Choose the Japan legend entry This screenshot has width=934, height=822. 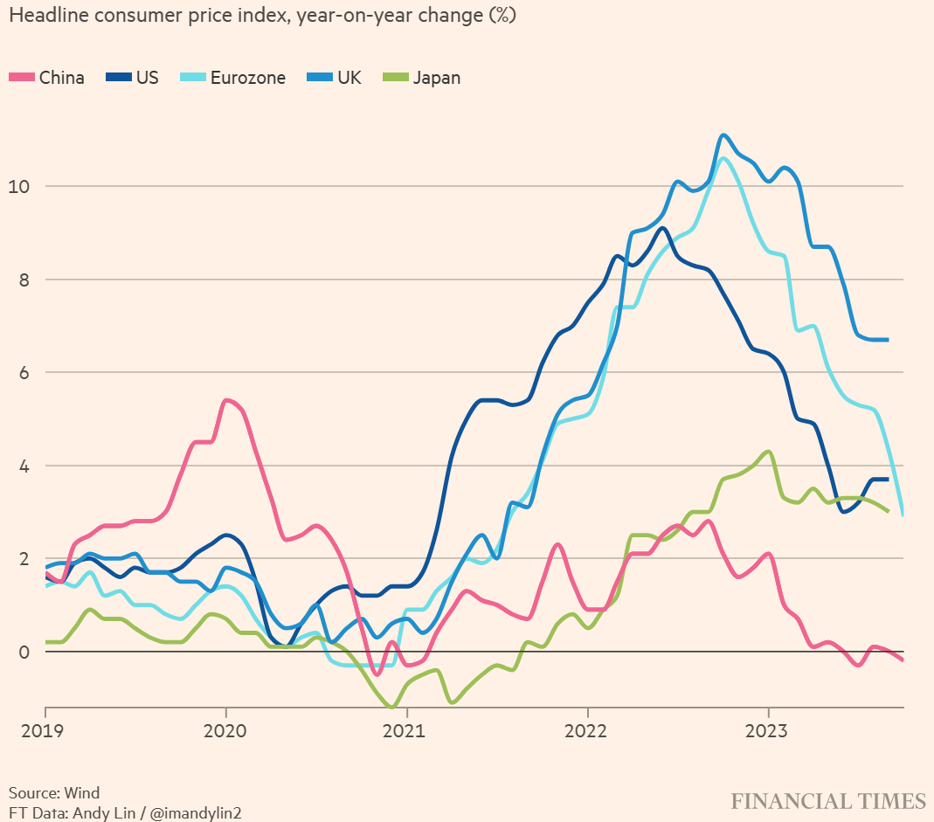423,77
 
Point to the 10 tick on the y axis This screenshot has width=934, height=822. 18,187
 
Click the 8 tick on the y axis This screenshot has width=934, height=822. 23,280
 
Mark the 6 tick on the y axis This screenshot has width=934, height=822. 23,373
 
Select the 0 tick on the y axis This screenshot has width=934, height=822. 23,653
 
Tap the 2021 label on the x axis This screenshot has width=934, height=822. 406,730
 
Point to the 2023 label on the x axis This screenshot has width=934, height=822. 768,730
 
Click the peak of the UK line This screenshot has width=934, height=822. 723,135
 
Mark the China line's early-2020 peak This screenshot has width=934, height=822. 226,400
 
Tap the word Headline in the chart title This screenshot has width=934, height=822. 43,17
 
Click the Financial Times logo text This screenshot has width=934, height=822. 827,801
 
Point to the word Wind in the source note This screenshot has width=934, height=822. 81,793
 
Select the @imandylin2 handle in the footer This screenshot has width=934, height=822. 197,812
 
